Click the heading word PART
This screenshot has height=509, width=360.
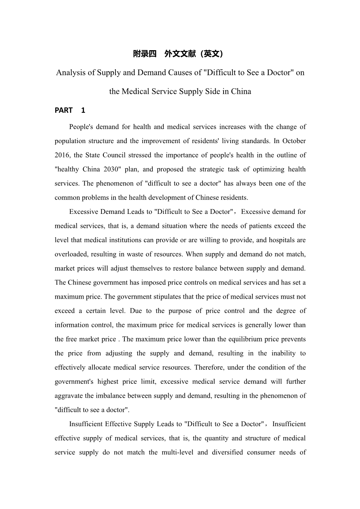point(64,110)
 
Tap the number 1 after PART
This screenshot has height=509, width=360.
point(83,110)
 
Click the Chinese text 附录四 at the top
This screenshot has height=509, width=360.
point(145,54)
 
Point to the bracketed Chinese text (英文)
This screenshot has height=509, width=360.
point(212,54)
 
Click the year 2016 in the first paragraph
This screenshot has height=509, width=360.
point(62,155)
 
